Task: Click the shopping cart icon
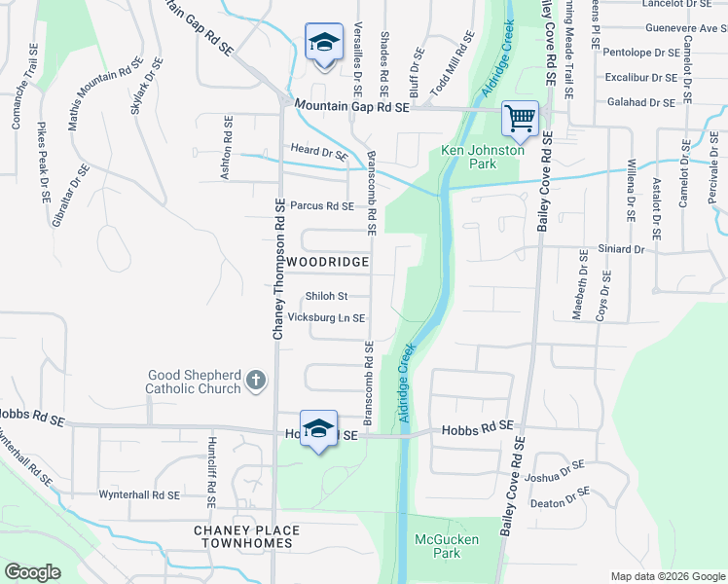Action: coord(521,119)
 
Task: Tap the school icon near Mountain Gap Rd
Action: coord(324,42)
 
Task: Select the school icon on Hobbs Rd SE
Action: coord(318,428)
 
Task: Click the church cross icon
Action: coord(255,380)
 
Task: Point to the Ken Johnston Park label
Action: coord(483,157)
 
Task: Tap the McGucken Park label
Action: coord(437,545)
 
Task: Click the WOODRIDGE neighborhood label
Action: coord(327,263)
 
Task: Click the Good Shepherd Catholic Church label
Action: coord(194,382)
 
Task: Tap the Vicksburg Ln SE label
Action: coord(326,318)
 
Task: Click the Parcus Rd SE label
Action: coord(321,206)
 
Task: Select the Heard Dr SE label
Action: coord(319,152)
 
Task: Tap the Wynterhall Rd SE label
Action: coord(139,495)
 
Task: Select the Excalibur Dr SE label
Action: coord(639,77)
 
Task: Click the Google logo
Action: coord(33,572)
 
